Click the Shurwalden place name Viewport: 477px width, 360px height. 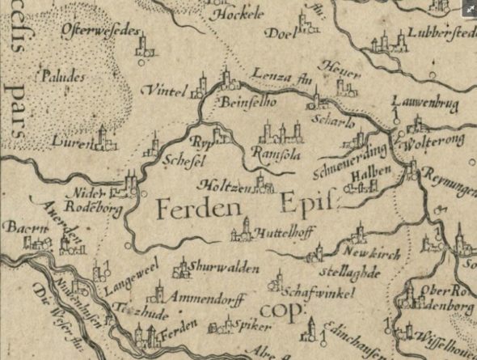click(224, 268)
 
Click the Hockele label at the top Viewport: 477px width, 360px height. click(226, 15)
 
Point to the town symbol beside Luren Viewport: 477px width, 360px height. click(103, 138)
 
